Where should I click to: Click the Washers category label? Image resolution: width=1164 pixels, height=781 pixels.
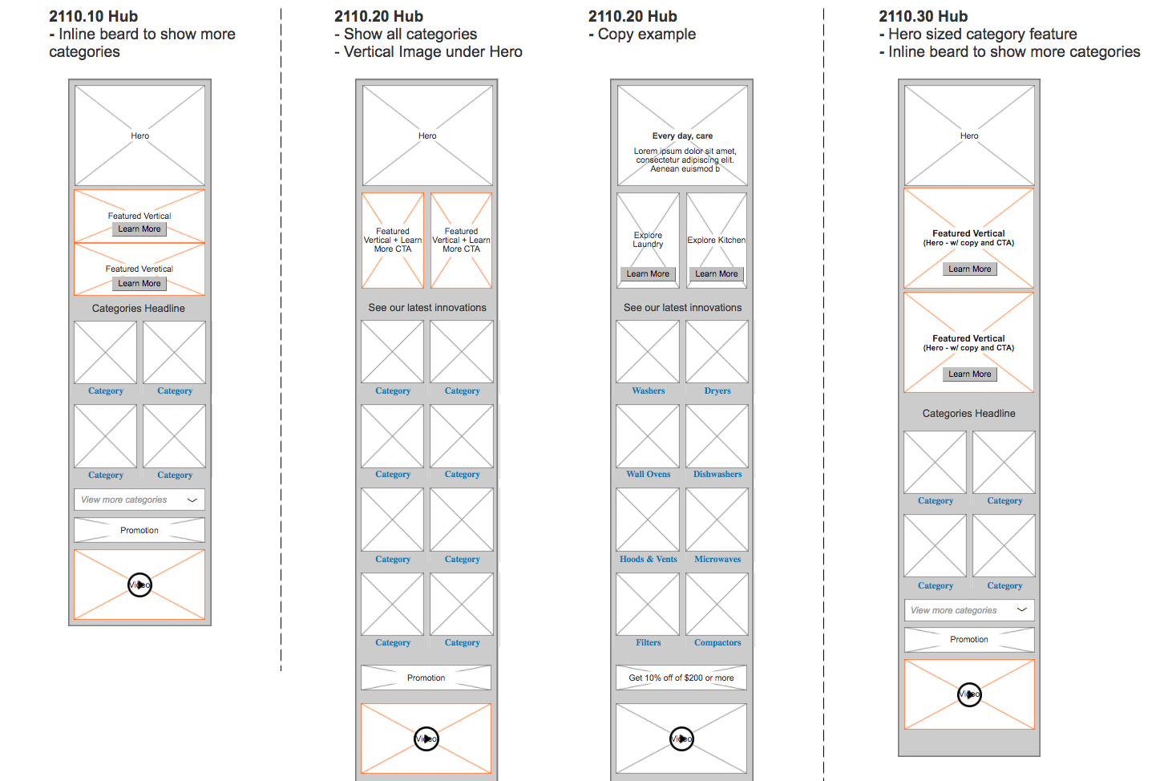pos(648,391)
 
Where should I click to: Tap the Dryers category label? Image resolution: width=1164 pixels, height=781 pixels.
pos(717,391)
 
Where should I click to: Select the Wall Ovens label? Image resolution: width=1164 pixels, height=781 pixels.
pos(648,475)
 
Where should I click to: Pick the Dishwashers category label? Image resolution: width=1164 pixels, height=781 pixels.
pos(717,475)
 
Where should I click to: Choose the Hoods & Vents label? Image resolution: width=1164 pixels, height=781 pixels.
pos(648,560)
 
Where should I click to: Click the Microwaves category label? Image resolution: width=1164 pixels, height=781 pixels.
pos(717,560)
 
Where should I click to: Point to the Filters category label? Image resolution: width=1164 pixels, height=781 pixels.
pos(648,643)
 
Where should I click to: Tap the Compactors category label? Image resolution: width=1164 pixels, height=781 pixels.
pos(717,643)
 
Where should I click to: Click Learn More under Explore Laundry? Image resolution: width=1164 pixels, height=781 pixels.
pos(648,274)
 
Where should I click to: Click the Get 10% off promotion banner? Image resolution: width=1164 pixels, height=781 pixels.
pos(681,678)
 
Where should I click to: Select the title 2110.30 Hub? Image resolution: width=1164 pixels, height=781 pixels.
pos(923,17)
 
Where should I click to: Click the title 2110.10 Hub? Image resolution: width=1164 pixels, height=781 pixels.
pos(93,17)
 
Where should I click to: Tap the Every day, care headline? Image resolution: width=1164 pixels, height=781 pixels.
pos(682,136)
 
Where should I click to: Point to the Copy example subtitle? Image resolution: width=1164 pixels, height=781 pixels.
pos(646,34)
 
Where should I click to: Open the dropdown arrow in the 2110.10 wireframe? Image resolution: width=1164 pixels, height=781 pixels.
pos(192,500)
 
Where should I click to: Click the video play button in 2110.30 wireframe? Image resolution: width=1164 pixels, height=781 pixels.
pos(969,694)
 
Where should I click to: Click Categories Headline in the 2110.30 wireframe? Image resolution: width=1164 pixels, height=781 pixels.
pos(968,414)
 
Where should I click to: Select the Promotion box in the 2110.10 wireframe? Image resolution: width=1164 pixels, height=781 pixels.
pos(139,531)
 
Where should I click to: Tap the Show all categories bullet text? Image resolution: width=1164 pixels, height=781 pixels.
pos(410,34)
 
